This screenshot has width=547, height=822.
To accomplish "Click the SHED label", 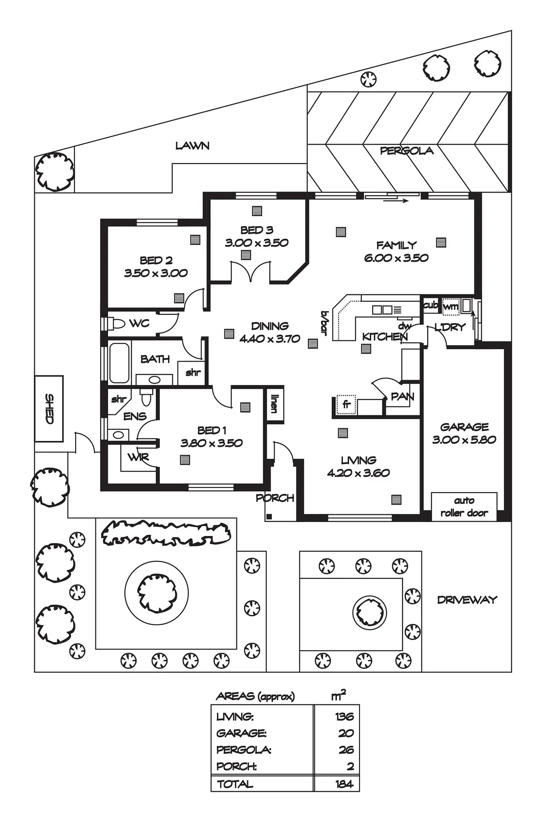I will pos(49,409).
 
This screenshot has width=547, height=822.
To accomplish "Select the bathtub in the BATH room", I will pos(119,363).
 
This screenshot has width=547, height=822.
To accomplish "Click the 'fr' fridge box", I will pos(346,404).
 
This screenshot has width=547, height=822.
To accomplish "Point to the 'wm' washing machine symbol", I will pos(451,306).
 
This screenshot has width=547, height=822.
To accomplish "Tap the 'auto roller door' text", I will pos(464,507).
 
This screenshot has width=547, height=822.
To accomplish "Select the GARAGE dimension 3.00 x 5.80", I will pos(464,440).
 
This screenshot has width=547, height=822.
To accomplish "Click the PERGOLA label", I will pos(407,151).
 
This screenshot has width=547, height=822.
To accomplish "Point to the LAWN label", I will pos(192,146).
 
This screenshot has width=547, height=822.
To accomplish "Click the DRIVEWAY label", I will pos(467,600).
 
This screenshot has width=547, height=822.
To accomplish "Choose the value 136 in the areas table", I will pos(344,716).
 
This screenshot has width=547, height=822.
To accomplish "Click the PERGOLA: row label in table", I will pos(244,750).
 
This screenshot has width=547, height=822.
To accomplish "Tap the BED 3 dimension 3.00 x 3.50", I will pos(257,243).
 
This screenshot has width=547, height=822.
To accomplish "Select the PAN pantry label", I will pos(402,397).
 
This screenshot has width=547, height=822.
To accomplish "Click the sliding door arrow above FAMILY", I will pos(396,201).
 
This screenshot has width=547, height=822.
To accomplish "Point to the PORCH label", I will pos(275,498).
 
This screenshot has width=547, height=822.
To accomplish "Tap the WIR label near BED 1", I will pos(138,457).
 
